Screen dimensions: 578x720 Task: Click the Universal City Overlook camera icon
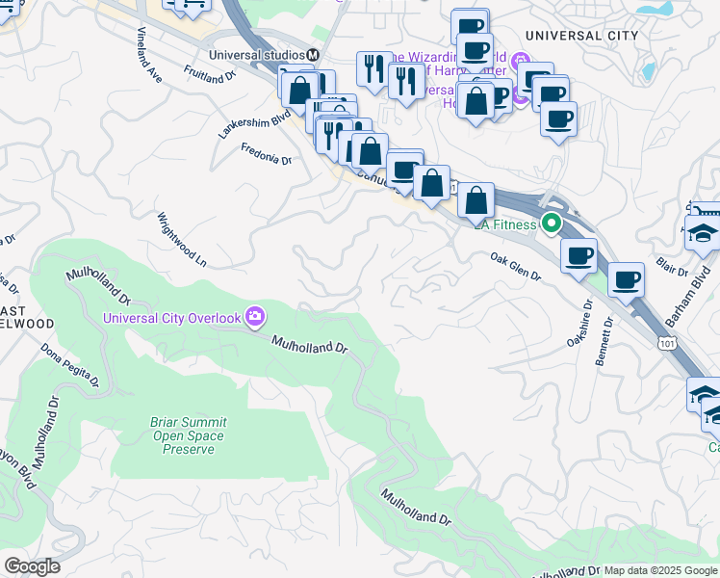(255, 316)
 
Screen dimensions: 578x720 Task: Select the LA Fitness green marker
(552, 224)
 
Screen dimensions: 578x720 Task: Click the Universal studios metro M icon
(313, 54)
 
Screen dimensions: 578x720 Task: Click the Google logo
(32, 565)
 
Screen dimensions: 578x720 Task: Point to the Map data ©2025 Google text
(659, 570)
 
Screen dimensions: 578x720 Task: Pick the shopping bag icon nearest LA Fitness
(476, 200)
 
